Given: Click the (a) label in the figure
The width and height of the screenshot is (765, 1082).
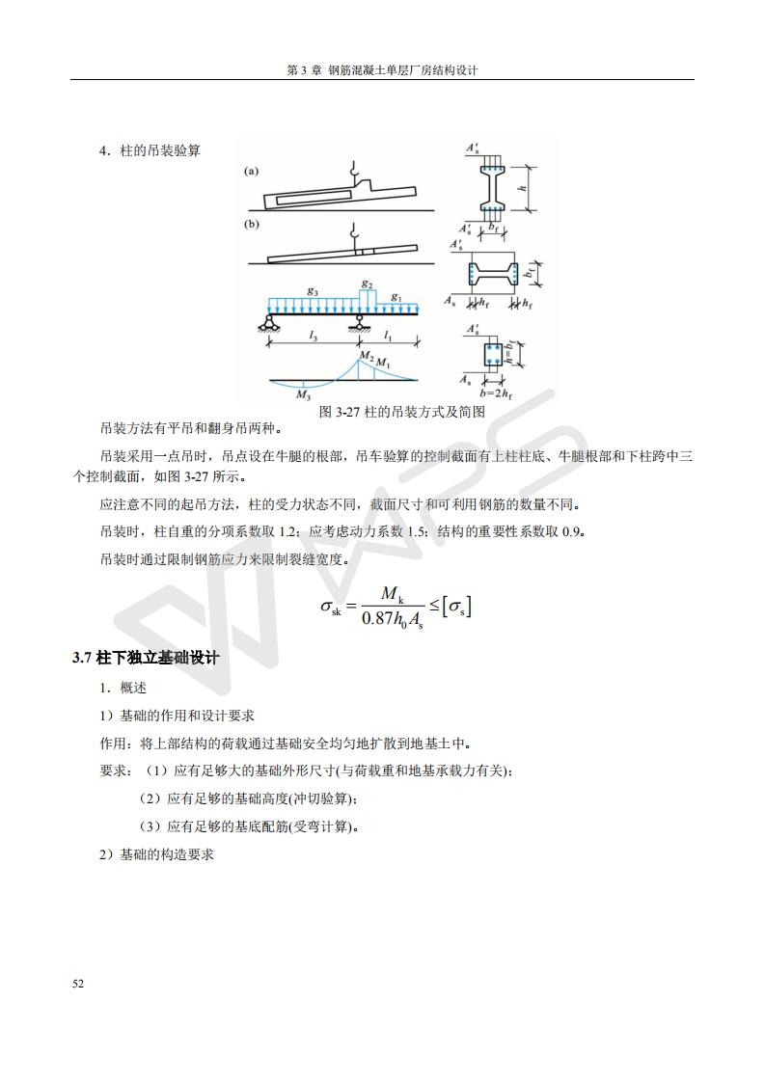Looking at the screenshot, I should [x=251, y=172].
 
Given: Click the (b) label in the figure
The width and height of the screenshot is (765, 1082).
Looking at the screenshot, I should [x=251, y=225].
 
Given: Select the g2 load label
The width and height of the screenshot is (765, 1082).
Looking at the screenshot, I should [x=367, y=283].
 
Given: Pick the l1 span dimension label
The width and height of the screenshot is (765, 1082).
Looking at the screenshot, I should [x=388, y=336].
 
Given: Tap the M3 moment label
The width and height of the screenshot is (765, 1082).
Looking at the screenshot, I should [x=303, y=394].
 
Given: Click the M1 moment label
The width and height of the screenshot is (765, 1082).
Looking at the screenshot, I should [x=384, y=364].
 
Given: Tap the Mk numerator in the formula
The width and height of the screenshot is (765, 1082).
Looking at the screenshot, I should [x=392, y=593].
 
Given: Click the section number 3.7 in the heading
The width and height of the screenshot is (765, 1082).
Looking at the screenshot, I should [x=82, y=658].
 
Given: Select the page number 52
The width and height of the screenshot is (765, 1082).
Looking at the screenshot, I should [x=78, y=984].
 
